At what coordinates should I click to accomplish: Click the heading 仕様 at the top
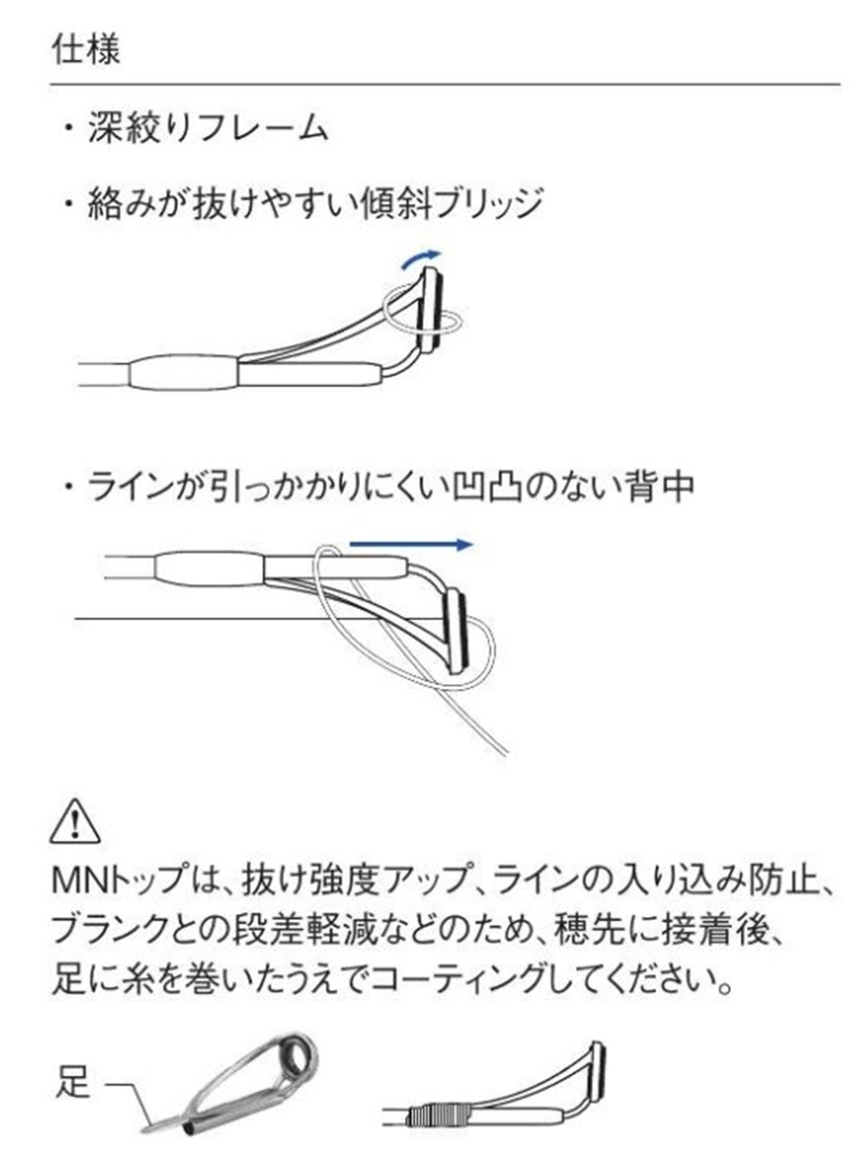[x=86, y=49]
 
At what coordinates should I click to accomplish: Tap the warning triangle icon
[x=75, y=821]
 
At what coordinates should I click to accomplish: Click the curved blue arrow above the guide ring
[x=421, y=259]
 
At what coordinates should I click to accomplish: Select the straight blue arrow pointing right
[x=411, y=544]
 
